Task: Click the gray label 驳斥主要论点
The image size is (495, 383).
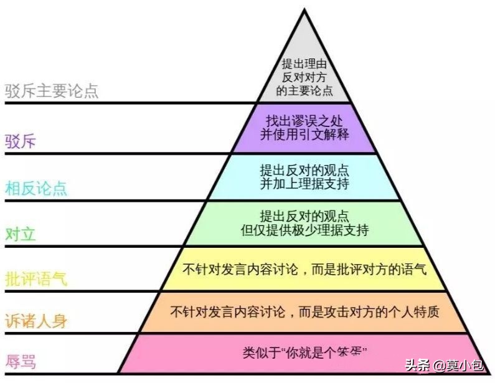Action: pos(52,92)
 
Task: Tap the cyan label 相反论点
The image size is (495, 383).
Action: pos(36,187)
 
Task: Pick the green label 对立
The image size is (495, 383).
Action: pos(21,234)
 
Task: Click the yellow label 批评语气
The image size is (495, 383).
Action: pos(36,278)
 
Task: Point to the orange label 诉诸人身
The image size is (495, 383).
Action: pos(36,321)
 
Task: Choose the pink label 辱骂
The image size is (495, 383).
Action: pos(21,361)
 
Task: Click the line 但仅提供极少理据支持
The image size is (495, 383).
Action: pos(304,230)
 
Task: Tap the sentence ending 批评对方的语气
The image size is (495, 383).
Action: pos(304,270)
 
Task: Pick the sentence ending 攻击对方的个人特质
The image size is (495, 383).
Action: pos(304,311)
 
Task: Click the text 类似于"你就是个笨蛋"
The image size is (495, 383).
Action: pos(304,353)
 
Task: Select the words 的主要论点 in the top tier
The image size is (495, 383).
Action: pos(304,90)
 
